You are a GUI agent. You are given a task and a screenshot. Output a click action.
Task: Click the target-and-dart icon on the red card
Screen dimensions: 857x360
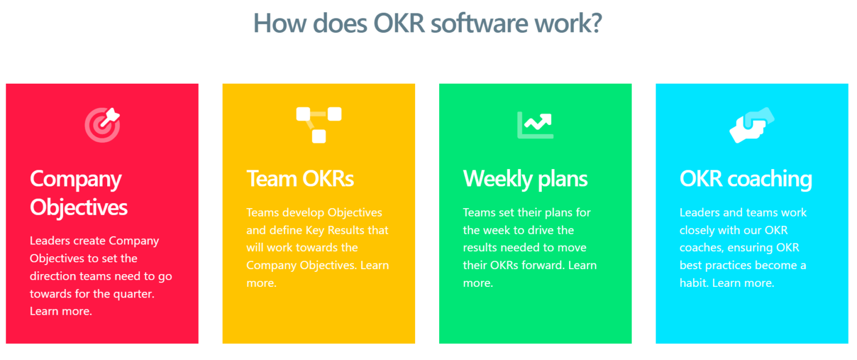point(102,125)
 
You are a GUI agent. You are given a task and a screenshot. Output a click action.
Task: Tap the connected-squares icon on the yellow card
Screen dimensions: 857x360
point(319,125)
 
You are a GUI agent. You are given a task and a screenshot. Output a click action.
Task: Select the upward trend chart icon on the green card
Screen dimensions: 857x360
point(535,125)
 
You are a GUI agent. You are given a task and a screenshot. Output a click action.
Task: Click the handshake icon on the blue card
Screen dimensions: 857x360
point(752,125)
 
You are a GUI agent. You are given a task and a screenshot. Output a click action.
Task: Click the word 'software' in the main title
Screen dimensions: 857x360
point(479,23)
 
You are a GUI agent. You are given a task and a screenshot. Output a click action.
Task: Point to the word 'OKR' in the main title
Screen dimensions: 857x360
point(399,23)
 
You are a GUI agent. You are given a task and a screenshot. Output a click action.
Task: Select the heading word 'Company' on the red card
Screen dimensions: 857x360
point(76,179)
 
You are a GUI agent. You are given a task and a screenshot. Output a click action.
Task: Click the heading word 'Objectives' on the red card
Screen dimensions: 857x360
point(79,208)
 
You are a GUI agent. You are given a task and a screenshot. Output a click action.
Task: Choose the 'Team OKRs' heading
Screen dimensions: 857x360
point(300,179)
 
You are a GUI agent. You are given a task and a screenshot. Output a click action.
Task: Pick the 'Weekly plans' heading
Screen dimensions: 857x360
point(525,179)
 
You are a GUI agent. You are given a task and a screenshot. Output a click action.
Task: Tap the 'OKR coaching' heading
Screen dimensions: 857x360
point(745,179)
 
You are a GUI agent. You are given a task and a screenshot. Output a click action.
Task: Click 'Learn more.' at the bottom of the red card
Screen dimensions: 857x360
point(61,311)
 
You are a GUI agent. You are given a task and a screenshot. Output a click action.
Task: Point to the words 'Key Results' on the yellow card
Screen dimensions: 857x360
point(335,230)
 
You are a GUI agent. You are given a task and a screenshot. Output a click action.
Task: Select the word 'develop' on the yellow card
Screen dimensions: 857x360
point(302,213)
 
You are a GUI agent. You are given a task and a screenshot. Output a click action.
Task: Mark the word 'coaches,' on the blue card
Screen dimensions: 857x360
point(702,247)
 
